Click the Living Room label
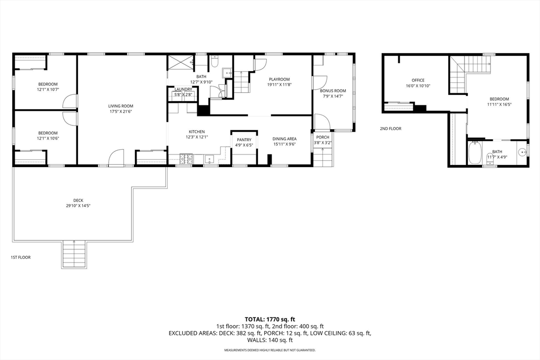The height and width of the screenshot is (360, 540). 121,106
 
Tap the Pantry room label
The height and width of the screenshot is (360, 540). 244,140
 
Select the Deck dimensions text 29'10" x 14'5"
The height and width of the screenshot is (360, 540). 78,206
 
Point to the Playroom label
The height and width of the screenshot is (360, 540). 279,79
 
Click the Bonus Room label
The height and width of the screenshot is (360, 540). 333,91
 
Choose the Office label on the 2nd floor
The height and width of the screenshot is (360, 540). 418,80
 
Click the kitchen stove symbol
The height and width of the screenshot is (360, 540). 186,159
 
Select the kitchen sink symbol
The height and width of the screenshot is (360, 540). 209,159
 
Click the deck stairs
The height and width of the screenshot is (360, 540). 74,254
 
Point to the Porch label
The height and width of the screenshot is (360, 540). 323,138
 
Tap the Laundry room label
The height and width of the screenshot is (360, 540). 183,90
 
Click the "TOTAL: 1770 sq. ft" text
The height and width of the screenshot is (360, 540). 270,319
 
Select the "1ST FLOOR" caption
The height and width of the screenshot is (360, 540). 21,257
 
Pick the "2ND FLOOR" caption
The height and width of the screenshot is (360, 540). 391,129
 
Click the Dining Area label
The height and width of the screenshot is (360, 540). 284,139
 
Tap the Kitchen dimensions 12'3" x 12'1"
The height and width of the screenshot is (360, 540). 197,137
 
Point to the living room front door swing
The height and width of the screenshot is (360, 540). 116,158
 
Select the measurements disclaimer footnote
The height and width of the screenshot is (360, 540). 270,350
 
